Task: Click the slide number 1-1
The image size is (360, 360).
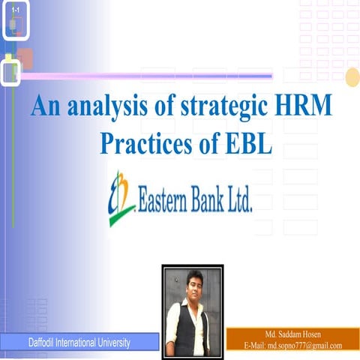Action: click(14, 9)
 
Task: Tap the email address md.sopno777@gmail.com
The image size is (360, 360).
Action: click(304, 345)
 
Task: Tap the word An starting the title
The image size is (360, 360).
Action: click(43, 106)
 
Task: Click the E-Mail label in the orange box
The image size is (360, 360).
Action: click(255, 345)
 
